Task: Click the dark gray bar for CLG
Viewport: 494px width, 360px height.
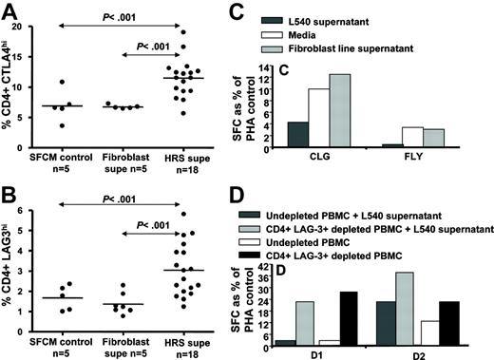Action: [x=323, y=135]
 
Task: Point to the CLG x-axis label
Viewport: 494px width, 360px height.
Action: [x=345, y=161]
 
